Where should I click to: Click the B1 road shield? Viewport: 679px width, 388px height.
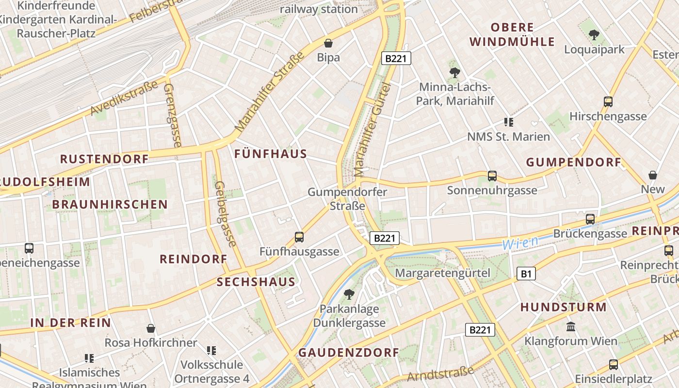click(526, 274)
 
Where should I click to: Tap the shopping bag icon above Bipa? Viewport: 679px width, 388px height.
click(328, 43)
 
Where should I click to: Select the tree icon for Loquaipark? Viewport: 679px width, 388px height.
click(594, 35)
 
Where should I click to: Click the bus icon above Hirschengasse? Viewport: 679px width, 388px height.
click(608, 102)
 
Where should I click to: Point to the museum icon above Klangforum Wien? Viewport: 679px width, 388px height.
click(571, 326)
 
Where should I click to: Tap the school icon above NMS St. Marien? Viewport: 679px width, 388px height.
click(508, 122)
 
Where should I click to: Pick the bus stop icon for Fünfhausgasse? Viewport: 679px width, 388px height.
click(299, 237)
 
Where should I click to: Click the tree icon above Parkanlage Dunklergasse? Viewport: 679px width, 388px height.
click(349, 294)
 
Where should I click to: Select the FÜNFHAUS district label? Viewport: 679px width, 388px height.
click(271, 154)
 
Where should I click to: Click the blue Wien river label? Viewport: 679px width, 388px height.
click(520, 242)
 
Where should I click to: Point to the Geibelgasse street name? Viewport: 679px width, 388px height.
click(225, 213)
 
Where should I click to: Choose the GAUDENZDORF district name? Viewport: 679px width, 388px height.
click(348, 353)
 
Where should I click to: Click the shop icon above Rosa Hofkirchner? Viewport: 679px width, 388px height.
click(151, 328)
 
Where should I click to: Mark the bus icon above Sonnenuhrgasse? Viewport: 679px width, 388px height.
click(492, 176)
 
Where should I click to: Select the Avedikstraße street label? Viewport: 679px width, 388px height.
click(125, 98)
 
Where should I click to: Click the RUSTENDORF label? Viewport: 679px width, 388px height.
click(104, 159)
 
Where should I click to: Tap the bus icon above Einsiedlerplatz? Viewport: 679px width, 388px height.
click(613, 364)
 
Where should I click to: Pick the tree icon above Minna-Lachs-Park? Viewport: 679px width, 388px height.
click(454, 73)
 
